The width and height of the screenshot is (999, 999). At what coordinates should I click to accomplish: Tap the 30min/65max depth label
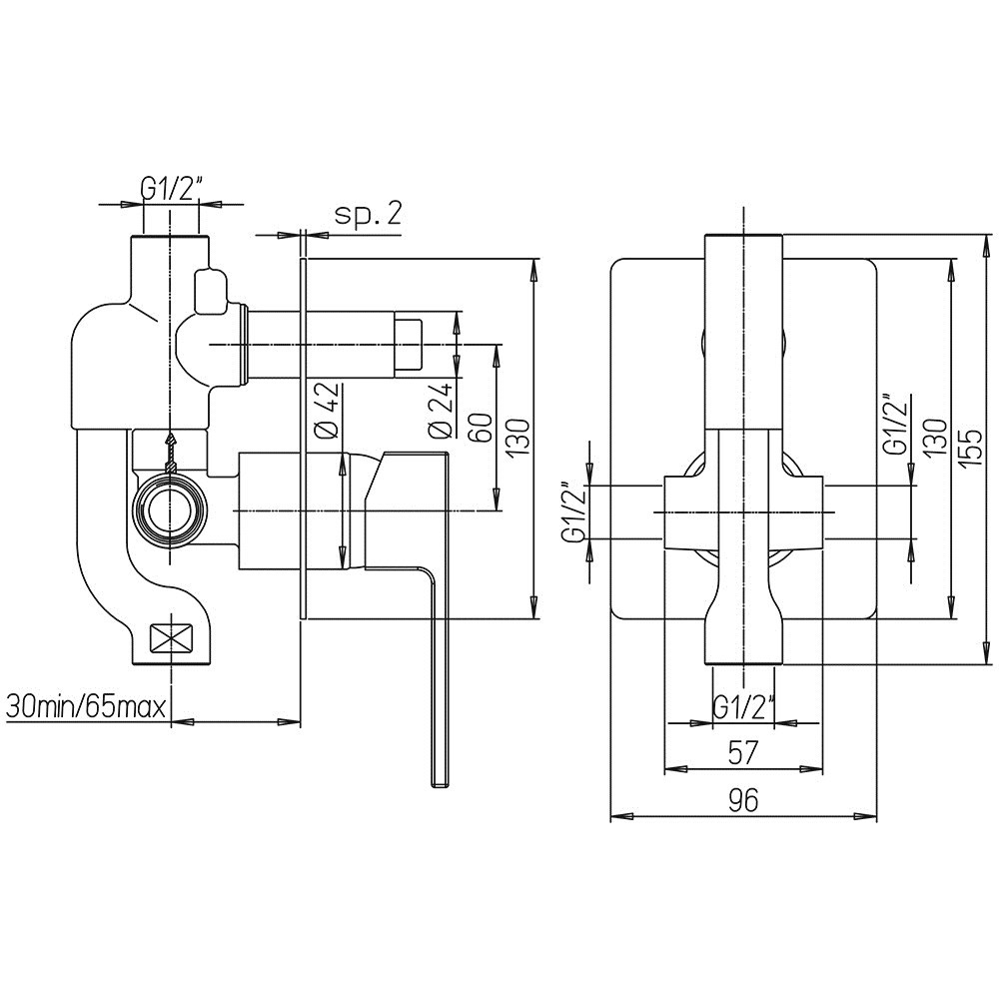87,706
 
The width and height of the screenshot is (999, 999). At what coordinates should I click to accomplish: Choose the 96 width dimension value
743,800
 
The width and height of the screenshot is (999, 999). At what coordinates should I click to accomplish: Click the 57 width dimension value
743,753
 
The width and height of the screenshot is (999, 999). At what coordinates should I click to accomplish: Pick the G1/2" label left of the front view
574,512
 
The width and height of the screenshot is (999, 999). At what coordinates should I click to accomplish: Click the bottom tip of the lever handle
442,786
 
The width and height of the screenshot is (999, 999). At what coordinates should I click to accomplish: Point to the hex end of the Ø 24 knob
408,344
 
